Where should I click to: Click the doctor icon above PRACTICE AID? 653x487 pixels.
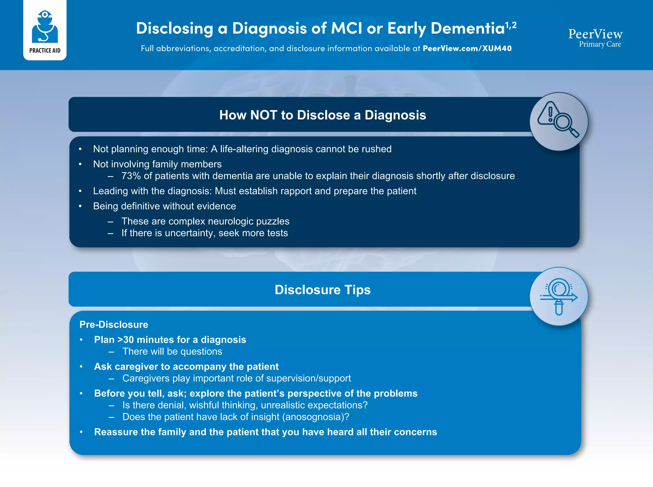45,27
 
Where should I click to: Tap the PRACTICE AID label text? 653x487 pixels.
45,51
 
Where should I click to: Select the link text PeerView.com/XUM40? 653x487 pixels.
467,48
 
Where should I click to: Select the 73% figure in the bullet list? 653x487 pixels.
131,176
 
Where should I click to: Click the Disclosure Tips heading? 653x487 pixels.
323,290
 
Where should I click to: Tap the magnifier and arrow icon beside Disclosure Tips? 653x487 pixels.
559,296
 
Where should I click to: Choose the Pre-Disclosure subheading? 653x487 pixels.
114,325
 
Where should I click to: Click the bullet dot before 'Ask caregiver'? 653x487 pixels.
81,367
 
